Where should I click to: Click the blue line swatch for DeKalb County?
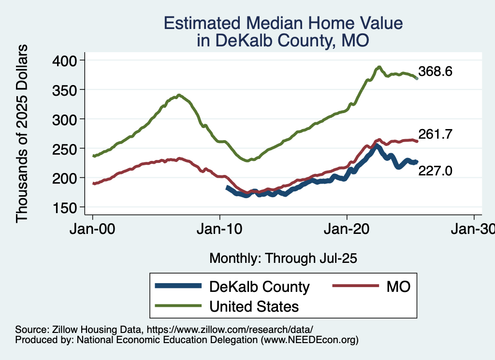[x=178, y=286]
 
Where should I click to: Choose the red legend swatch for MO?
[x=355, y=286]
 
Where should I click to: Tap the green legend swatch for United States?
[x=178, y=306]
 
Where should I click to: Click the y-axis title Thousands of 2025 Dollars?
[x=22, y=133]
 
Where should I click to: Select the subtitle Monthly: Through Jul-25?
[x=283, y=259]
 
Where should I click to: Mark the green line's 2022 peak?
[x=379, y=67]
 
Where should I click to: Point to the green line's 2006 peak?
[x=179, y=95]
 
